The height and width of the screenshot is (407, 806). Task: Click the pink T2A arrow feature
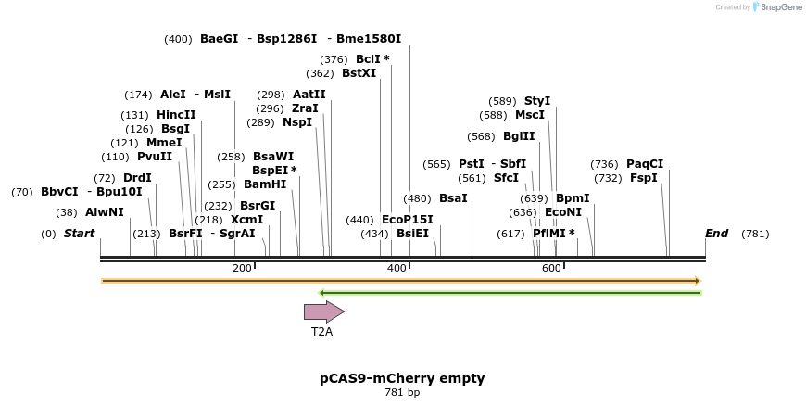point(324,312)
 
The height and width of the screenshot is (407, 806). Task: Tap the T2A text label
point(321,332)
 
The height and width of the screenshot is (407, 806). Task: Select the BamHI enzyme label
point(265,184)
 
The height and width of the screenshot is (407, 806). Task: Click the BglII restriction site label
point(519,136)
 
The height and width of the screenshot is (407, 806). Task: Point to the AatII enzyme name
point(309,95)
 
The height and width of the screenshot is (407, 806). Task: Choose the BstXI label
point(359,73)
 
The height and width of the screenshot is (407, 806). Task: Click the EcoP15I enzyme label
point(407,220)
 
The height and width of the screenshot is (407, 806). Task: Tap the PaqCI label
point(645,163)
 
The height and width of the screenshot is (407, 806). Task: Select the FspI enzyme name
point(644,178)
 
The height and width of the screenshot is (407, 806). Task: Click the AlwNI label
point(105,212)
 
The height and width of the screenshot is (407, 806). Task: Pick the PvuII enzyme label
point(155,157)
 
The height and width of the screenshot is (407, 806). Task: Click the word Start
point(79,234)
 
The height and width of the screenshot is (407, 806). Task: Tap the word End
point(716,234)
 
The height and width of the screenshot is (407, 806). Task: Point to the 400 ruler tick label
point(397,268)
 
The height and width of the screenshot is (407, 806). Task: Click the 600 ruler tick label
point(551,268)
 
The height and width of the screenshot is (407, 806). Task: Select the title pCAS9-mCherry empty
point(402,378)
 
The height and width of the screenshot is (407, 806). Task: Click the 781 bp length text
point(402,392)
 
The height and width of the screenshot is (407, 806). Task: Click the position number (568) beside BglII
point(481,136)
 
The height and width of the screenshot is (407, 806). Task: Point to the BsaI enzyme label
point(453,198)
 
